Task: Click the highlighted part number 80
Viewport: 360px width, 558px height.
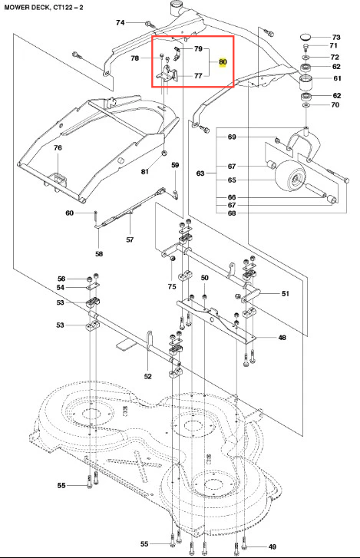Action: [x=223, y=62]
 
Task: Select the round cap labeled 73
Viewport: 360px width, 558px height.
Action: [x=306, y=36]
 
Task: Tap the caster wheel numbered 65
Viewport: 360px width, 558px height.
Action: [x=290, y=177]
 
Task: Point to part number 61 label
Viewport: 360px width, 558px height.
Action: [x=337, y=78]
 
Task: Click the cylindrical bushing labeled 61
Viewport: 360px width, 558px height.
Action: [x=306, y=83]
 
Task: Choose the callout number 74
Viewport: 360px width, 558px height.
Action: [x=121, y=23]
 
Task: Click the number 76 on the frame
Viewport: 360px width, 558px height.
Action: [x=58, y=147]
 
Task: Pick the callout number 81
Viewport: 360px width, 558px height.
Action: [x=144, y=171]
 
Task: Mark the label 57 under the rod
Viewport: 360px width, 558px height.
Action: [x=130, y=239]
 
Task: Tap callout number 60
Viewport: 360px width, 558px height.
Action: [x=69, y=213]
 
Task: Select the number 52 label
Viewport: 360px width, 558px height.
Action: [x=148, y=376]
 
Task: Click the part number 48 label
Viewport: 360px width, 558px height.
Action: [x=282, y=338]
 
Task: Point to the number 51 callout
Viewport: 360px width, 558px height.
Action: [x=286, y=294]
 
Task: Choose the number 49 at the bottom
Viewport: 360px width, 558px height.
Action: [x=272, y=547]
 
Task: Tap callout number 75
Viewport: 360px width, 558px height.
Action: [x=172, y=286]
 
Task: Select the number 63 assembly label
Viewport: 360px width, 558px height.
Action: [x=200, y=173]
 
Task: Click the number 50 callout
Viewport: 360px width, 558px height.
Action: [x=204, y=278]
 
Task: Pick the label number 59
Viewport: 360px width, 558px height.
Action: [x=175, y=165]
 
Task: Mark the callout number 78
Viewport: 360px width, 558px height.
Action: [x=135, y=58]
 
